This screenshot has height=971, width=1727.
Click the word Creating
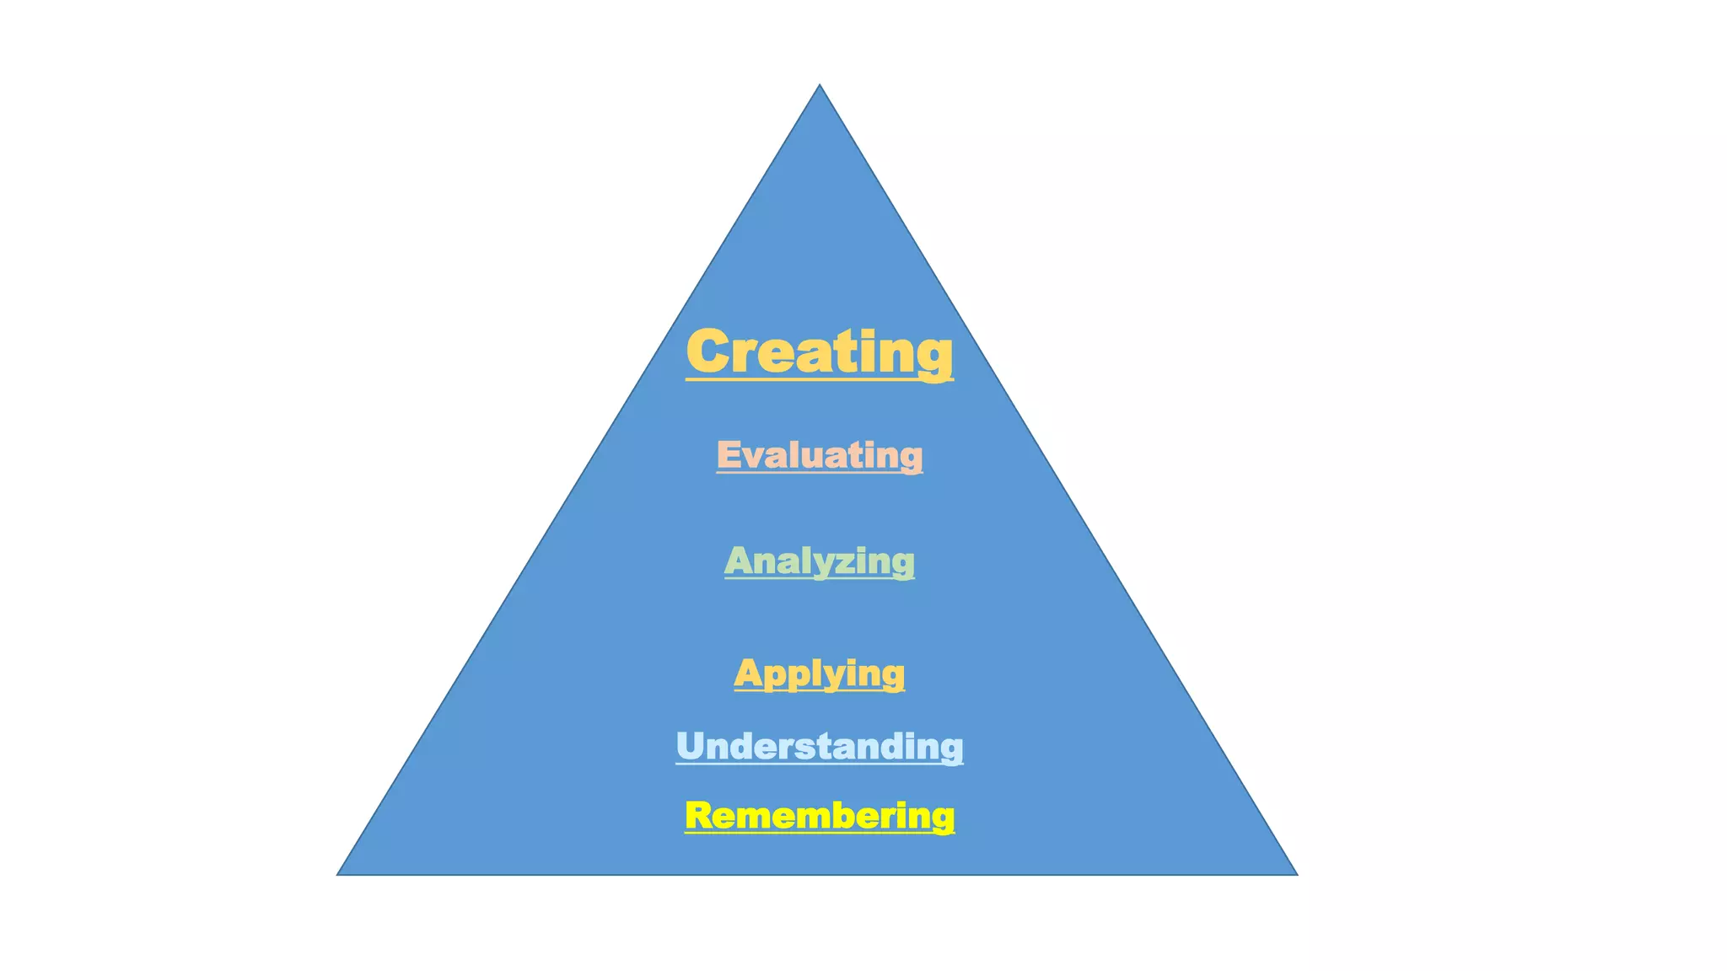tap(819, 351)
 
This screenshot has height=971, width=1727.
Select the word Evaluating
tap(819, 455)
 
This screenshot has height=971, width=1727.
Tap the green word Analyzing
tap(819, 561)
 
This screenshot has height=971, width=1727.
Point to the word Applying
tap(819, 673)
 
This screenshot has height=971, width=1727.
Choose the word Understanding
tap(819, 747)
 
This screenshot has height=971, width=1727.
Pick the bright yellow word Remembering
tap(819, 816)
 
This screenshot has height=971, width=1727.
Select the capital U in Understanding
tap(690, 746)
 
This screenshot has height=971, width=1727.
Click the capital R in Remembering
tap(699, 815)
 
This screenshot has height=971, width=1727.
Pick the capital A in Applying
tap(748, 673)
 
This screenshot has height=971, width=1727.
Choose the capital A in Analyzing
tap(740, 561)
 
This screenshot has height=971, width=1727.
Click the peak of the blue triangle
tap(819, 86)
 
